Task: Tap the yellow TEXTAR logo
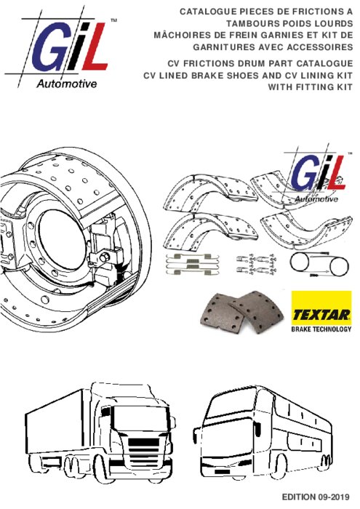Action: pyautogui.click(x=321, y=308)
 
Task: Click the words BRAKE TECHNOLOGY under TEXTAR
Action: pyautogui.click(x=321, y=329)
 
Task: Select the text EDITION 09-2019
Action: pyautogui.click(x=315, y=497)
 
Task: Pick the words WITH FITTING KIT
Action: pyautogui.click(x=310, y=87)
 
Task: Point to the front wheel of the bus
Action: pyautogui.click(x=278, y=466)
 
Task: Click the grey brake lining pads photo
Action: pyautogui.click(x=242, y=312)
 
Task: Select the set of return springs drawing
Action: pyautogui.click(x=193, y=264)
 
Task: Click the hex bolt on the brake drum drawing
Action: pyautogui.click(x=105, y=258)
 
